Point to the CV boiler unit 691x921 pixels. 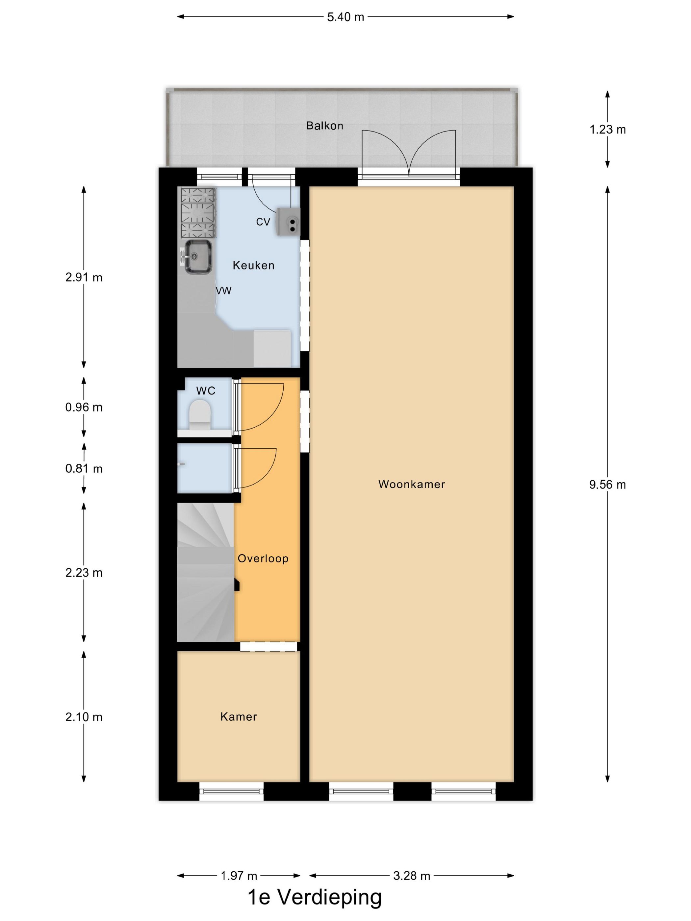289,221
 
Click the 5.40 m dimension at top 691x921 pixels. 345,17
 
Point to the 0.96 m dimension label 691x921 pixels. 84,407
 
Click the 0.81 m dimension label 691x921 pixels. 84,469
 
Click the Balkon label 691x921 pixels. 324,126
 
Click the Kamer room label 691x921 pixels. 238,716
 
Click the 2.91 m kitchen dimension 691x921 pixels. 84,277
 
